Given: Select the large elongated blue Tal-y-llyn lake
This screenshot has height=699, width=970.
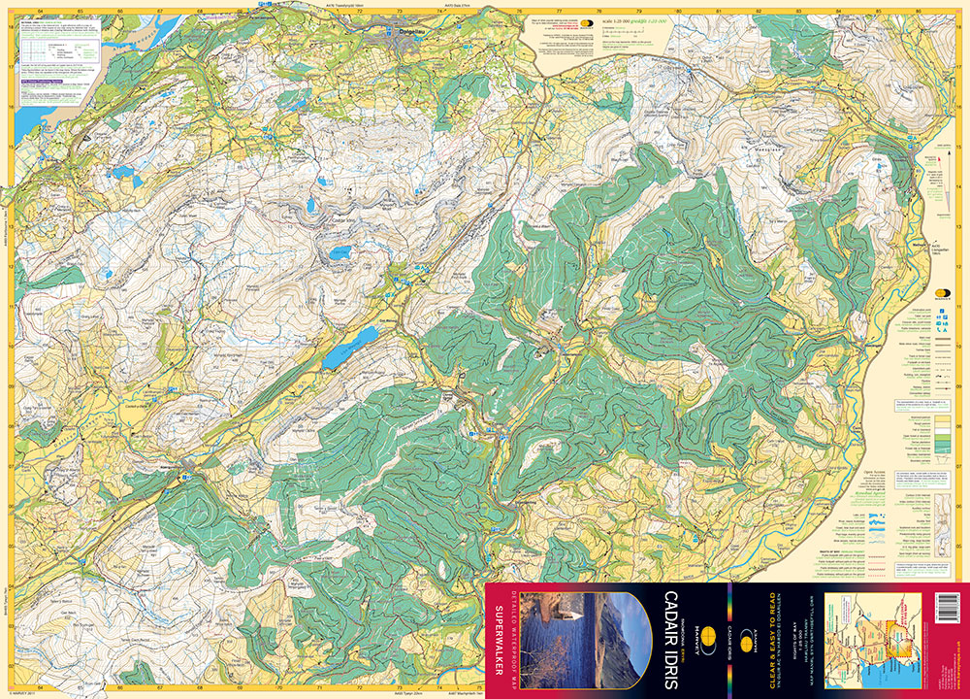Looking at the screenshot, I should tap(351, 347).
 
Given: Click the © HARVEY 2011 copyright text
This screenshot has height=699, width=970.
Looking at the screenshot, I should tap(21, 692).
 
